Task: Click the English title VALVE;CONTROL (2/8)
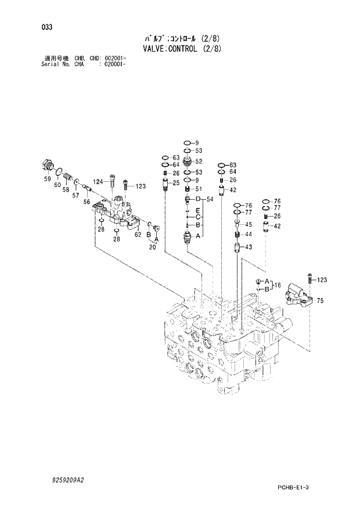182,49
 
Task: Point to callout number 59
48,180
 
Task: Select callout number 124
98,182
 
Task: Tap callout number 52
198,161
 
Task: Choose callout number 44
248,234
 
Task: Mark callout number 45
248,224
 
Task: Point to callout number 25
175,184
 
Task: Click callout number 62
138,235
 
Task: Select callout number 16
277,285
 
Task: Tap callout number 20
153,247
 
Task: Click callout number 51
198,189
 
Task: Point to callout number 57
75,195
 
